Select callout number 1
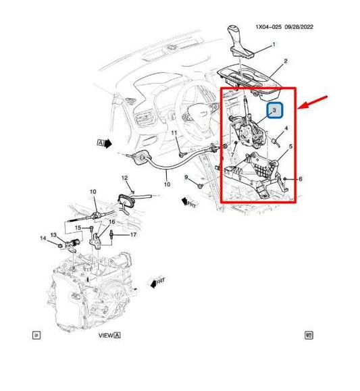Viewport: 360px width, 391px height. [x=274, y=45]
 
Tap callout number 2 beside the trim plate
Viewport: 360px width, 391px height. [x=286, y=61]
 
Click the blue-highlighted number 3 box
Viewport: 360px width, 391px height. [x=275, y=109]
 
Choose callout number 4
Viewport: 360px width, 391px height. [x=286, y=128]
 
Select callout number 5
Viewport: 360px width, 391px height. [x=291, y=147]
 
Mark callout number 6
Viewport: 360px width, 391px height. [x=300, y=179]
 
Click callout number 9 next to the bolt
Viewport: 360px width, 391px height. [x=186, y=178]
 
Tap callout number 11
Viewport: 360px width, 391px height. [x=174, y=134]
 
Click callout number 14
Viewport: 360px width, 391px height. [x=43, y=238]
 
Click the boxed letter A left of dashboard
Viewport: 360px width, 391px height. [x=101, y=143]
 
